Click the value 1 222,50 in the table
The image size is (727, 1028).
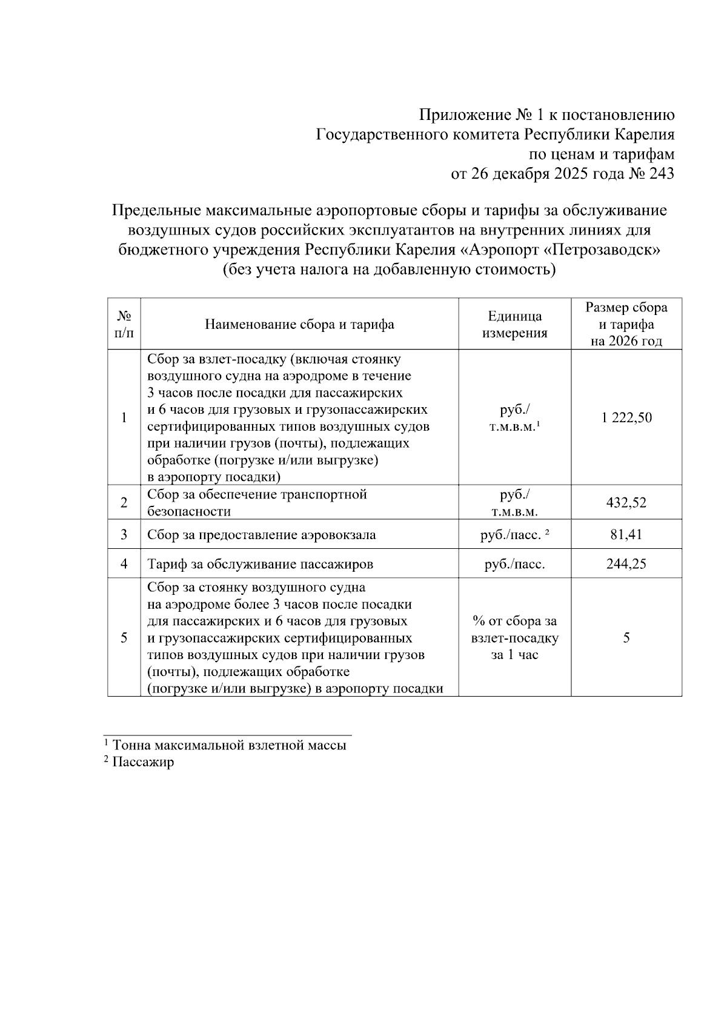pos(626,417)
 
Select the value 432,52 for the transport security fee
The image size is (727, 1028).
pos(626,503)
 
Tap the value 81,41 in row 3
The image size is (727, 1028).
pos(626,534)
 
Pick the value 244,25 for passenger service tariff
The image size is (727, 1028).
pos(626,564)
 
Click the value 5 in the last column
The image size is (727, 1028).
pos(626,638)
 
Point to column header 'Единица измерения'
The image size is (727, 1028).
pos(515,324)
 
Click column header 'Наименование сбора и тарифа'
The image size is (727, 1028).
pos(299,324)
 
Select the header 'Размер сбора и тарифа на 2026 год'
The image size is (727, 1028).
pos(626,324)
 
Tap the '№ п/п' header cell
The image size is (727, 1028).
pos(124,324)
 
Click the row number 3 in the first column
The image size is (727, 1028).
pos(124,534)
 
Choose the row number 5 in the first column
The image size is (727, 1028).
pos(124,638)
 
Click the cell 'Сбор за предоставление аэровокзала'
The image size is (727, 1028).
pos(261,535)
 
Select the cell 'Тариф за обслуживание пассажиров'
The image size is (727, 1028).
pos(260,565)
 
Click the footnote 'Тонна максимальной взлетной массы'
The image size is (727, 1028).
pos(229,745)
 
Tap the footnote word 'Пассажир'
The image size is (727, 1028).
pos(143,762)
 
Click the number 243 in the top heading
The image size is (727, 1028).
pos(661,174)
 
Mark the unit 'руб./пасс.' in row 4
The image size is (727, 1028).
pos(515,565)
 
